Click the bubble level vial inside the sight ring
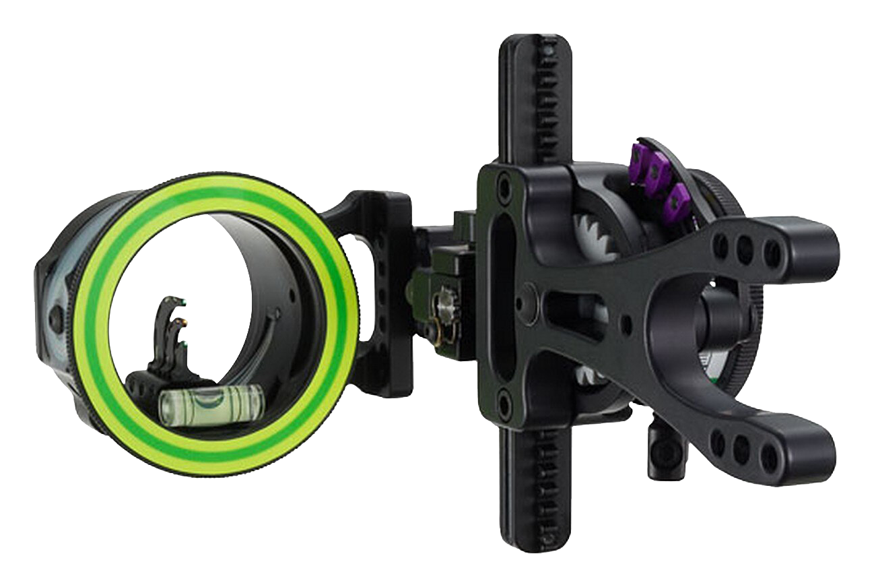click(208, 405)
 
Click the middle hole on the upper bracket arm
click(744, 250)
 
